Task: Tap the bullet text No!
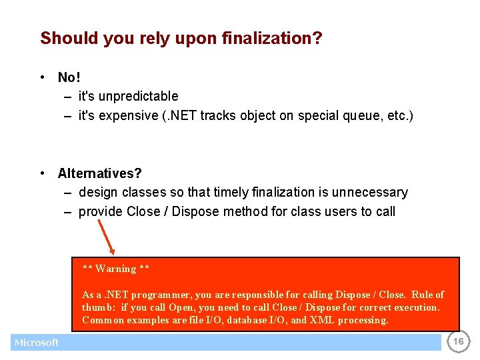pyautogui.click(x=69, y=78)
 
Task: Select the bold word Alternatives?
pyautogui.click(x=100, y=173)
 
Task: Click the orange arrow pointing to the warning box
pyautogui.click(x=107, y=237)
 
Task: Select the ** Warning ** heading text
pyautogui.click(x=116, y=269)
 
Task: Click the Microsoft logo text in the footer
pyautogui.click(x=37, y=343)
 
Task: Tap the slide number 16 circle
pyautogui.click(x=458, y=342)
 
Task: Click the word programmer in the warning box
pyautogui.click(x=159, y=295)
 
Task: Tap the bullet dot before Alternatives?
pyautogui.click(x=43, y=174)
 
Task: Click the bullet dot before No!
pyautogui.click(x=43, y=78)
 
